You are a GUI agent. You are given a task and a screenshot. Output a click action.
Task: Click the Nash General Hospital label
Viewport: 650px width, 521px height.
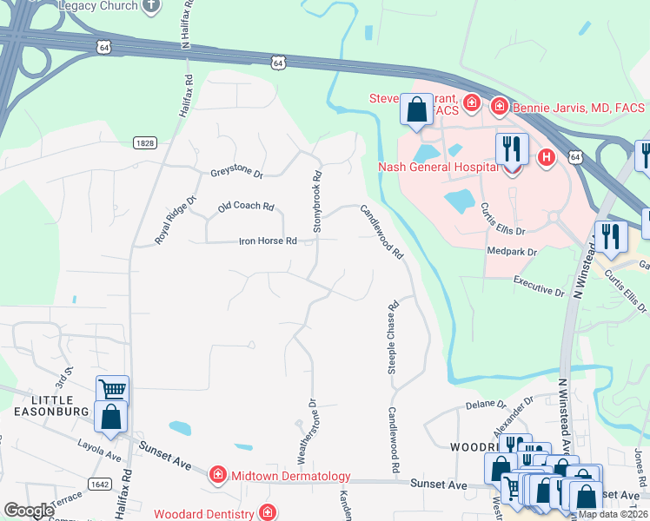point(438,167)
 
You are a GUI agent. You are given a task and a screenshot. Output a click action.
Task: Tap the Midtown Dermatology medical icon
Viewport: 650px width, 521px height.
point(217,475)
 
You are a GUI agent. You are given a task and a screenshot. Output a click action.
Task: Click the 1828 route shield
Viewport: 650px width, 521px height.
point(145,142)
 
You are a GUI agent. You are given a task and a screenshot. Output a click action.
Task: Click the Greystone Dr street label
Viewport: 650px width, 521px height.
point(236,173)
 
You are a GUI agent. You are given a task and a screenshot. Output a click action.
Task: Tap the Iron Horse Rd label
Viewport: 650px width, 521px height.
point(268,241)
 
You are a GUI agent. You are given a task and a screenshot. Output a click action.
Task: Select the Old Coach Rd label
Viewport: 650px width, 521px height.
point(246,207)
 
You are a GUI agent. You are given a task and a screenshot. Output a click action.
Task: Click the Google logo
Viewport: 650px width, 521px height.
point(29,511)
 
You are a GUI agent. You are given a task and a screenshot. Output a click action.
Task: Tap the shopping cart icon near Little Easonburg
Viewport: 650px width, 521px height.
point(112,390)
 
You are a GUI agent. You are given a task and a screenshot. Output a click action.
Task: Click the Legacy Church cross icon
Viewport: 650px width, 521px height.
point(152,5)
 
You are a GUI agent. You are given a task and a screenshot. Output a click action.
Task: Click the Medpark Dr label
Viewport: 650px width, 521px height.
point(514,252)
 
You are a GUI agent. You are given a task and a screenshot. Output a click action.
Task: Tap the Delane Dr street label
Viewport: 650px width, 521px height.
point(485,404)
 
